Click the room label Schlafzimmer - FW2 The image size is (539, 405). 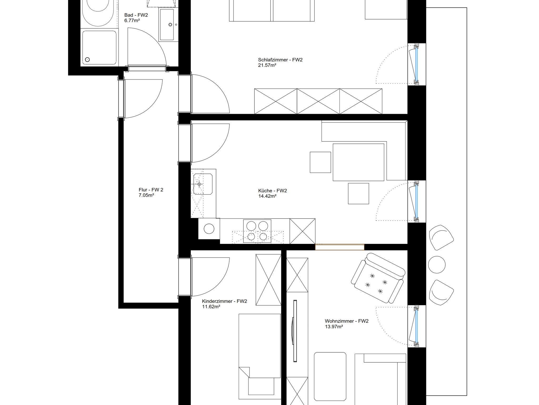[280, 60]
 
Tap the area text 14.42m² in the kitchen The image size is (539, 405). [267, 196]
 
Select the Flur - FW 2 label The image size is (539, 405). [151, 190]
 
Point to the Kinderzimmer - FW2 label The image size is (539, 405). [224, 301]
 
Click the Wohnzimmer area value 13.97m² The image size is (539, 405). [334, 327]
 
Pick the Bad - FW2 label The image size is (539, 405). [136, 15]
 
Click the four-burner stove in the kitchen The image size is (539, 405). [257, 231]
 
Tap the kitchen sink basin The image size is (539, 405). [203, 184]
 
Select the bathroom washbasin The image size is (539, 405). [166, 24]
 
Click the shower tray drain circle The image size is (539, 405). [87, 60]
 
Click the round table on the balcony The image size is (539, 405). [437, 265]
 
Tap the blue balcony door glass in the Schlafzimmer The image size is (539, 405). [416, 65]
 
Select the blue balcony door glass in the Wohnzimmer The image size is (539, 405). [416, 327]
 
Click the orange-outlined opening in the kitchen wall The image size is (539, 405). [340, 247]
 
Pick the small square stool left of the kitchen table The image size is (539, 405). [320, 162]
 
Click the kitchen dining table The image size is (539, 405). [358, 162]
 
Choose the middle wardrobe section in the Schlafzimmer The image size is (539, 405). [318, 101]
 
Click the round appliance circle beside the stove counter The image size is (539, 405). [209, 229]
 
